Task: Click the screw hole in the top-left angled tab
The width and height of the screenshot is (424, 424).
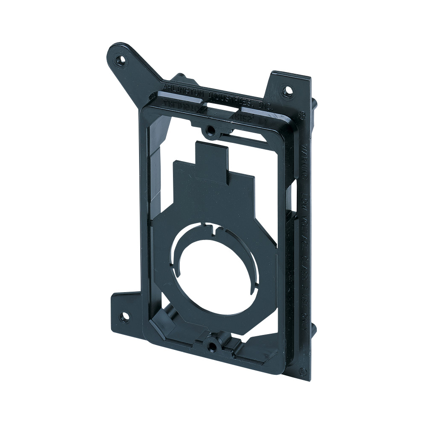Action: pyautogui.click(x=122, y=60)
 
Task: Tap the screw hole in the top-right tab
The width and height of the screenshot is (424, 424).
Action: pyautogui.click(x=288, y=90)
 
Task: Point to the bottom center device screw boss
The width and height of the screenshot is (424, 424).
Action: pyautogui.click(x=211, y=346)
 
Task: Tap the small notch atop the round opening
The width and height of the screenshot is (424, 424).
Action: pyautogui.click(x=217, y=231)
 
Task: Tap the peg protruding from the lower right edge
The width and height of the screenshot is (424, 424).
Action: pyautogui.click(x=314, y=329)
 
